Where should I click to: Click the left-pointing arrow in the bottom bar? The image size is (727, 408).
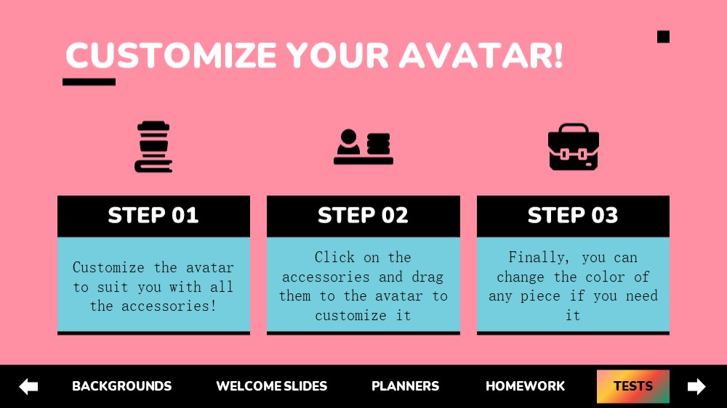click(x=28, y=386)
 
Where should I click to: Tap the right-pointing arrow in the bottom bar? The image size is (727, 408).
click(x=696, y=386)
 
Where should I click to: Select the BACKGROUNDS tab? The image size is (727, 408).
click(x=122, y=385)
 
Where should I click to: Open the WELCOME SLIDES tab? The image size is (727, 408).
click(x=272, y=385)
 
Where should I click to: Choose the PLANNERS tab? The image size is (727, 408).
click(x=405, y=385)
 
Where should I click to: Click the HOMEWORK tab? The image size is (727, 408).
click(x=526, y=385)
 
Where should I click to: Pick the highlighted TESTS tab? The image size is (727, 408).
click(x=633, y=386)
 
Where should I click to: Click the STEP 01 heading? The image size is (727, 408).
click(x=153, y=216)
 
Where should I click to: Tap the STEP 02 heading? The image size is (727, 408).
click(x=363, y=216)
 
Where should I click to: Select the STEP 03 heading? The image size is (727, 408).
click(x=573, y=216)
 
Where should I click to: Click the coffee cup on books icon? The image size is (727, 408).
click(x=153, y=147)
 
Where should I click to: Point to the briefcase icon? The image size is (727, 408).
click(x=574, y=147)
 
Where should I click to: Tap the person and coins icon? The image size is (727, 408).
click(x=363, y=147)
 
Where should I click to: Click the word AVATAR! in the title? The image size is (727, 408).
click(x=481, y=56)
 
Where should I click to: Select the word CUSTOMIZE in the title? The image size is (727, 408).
click(x=172, y=56)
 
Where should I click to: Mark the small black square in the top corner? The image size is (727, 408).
click(x=664, y=36)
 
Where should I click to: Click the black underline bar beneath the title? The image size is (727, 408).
click(x=89, y=82)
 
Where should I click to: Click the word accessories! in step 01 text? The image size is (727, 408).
click(x=169, y=306)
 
